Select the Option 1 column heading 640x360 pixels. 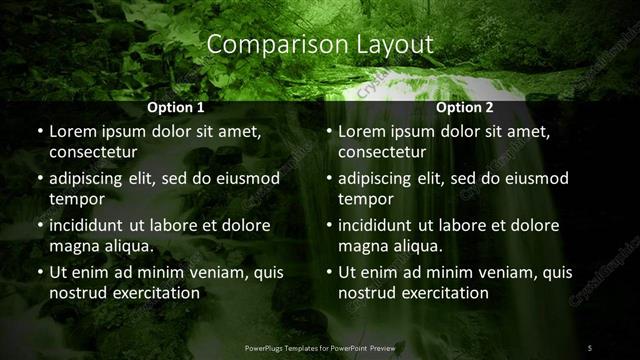tap(176, 107)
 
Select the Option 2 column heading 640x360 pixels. tap(465, 107)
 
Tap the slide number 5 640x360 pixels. tap(590, 348)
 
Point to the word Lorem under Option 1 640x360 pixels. tap(72, 131)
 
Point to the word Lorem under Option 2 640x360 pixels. tap(362, 131)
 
